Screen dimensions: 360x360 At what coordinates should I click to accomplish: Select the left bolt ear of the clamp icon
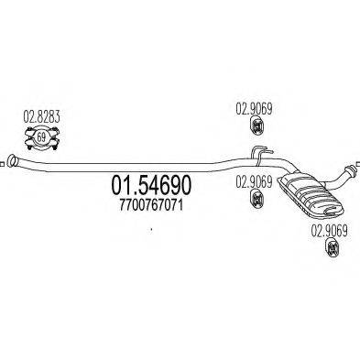click(25, 138)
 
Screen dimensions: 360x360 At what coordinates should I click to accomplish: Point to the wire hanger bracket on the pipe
click(261, 150)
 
